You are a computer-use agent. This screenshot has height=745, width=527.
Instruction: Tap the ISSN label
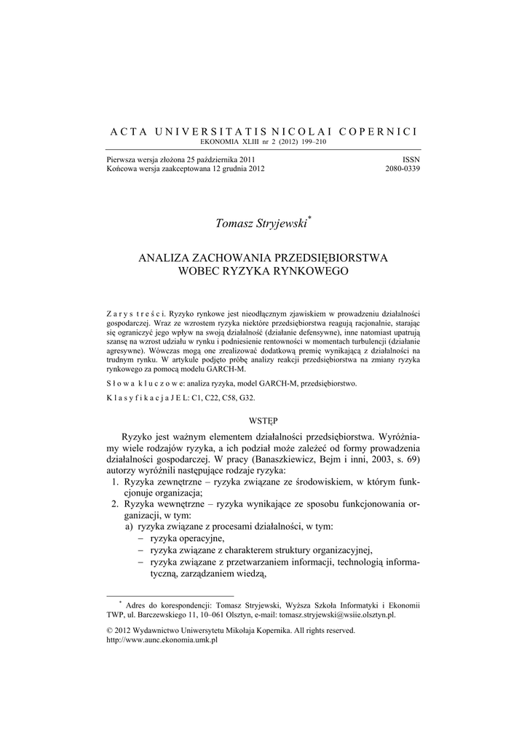411,159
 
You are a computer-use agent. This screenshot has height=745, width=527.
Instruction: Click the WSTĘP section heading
263,420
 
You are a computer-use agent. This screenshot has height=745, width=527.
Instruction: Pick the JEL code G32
247,399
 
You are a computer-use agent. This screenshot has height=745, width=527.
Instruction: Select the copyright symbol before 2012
110,631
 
